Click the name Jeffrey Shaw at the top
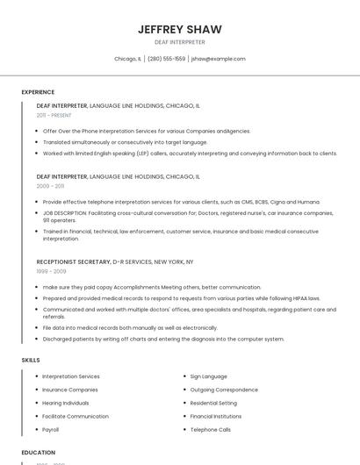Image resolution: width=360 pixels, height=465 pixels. point(179,30)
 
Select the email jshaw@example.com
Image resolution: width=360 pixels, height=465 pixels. point(219,59)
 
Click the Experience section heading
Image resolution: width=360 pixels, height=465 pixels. point(38,92)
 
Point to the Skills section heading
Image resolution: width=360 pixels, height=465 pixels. point(31,360)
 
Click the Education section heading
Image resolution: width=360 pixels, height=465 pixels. point(38,453)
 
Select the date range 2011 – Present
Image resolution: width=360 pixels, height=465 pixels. point(54,115)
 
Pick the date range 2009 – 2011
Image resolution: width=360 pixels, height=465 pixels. point(50,186)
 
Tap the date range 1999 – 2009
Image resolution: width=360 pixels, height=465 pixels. point(51,271)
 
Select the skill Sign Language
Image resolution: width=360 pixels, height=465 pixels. point(208,376)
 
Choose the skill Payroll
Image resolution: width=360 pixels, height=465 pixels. point(51,430)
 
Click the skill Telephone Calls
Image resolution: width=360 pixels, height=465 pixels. point(210,430)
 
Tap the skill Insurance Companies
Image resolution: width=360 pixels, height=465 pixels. point(70,390)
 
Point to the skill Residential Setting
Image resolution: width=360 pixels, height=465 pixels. point(213,403)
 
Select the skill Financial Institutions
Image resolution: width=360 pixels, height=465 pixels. point(216,416)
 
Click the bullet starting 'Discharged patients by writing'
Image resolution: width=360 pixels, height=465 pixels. point(163,339)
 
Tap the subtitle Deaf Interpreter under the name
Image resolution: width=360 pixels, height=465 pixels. point(179,42)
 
